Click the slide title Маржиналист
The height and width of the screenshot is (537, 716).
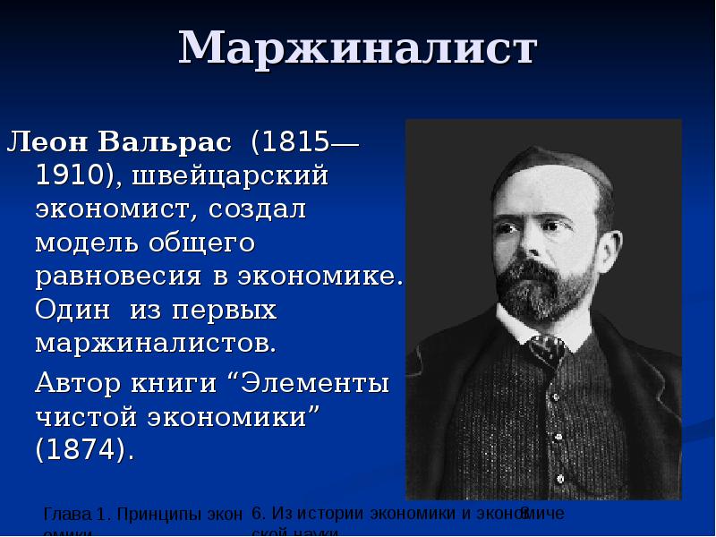pos(358,48)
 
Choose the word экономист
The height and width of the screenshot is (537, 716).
pos(119,209)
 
